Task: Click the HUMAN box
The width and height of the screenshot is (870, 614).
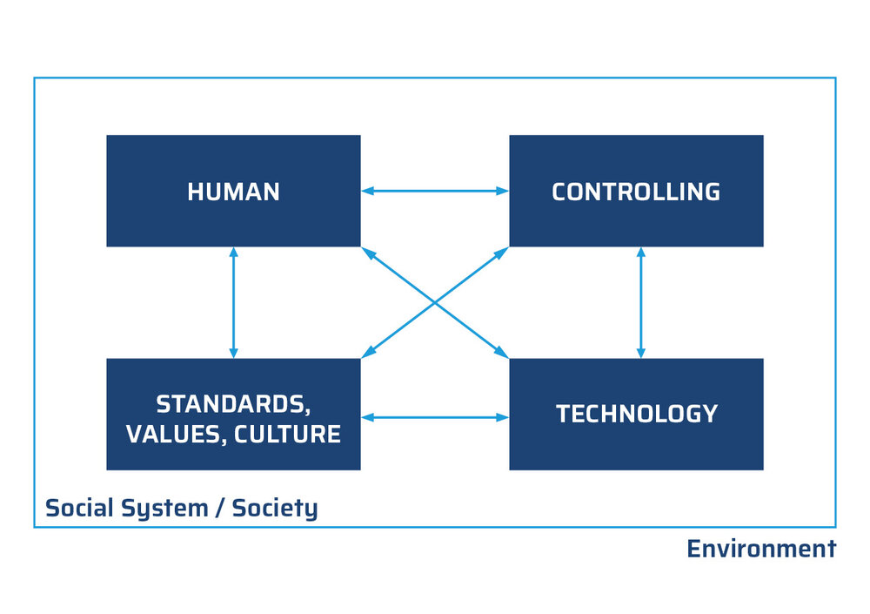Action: (233, 191)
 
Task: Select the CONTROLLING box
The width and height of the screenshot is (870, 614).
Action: (636, 191)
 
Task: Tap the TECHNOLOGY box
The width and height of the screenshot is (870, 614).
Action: (636, 414)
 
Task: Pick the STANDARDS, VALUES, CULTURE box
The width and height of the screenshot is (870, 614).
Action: (233, 415)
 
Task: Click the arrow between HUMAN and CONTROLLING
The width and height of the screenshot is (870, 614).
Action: (434, 191)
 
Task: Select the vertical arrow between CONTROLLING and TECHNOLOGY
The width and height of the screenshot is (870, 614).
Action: (641, 302)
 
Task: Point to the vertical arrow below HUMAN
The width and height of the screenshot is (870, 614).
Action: (233, 302)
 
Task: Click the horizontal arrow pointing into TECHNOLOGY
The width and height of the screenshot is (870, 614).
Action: (434, 417)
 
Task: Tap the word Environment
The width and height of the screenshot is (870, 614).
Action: (760, 549)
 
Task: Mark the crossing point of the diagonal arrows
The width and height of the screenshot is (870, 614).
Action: (434, 302)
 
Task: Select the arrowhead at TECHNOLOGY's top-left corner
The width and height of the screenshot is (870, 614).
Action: (502, 354)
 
